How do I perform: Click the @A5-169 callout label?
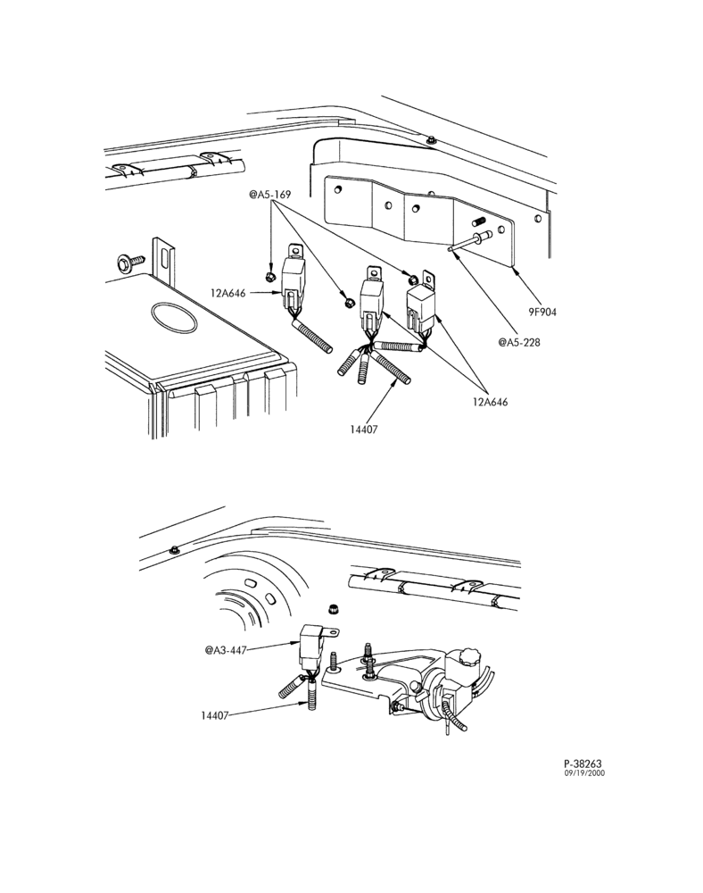coord(270,195)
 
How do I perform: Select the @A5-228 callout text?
coord(519,342)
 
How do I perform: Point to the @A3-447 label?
coord(226,650)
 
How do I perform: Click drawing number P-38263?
coord(583,764)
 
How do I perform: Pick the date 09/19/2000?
coord(584,773)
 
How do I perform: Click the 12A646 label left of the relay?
coord(228,293)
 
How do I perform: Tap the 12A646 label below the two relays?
coord(491,402)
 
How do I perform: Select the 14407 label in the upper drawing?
coord(363,430)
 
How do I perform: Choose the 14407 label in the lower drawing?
coord(214,715)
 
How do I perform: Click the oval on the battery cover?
coord(174,315)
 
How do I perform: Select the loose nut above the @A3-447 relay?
coord(331,609)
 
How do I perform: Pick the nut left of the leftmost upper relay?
coord(270,278)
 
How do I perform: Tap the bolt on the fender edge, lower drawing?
coord(174,549)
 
